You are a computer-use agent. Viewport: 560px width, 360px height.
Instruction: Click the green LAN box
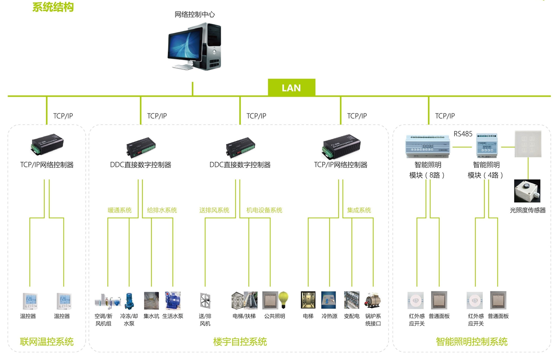click(291, 88)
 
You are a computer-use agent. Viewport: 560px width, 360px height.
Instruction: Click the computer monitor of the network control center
click(188, 46)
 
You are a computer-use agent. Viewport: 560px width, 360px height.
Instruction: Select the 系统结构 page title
click(53, 7)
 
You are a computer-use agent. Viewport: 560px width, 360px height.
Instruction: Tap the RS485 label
click(463, 134)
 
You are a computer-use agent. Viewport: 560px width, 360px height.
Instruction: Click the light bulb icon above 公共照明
click(284, 299)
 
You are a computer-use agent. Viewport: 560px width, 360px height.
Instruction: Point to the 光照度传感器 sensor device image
click(527, 191)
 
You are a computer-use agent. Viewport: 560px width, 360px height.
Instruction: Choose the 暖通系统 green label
click(120, 210)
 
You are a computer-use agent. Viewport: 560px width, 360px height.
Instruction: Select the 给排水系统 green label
click(162, 210)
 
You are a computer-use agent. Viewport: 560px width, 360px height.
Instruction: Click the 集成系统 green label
click(359, 210)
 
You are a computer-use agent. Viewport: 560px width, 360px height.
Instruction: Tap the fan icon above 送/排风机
click(205, 300)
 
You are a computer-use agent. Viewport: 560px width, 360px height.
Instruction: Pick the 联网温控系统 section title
click(47, 342)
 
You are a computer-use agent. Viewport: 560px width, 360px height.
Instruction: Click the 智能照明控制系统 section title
click(472, 342)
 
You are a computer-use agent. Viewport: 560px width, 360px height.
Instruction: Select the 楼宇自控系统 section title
click(240, 342)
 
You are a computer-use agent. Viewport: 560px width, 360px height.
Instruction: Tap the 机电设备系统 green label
click(264, 210)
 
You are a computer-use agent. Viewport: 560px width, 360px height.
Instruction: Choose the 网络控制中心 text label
click(195, 14)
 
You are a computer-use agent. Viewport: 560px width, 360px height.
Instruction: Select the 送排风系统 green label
click(214, 210)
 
